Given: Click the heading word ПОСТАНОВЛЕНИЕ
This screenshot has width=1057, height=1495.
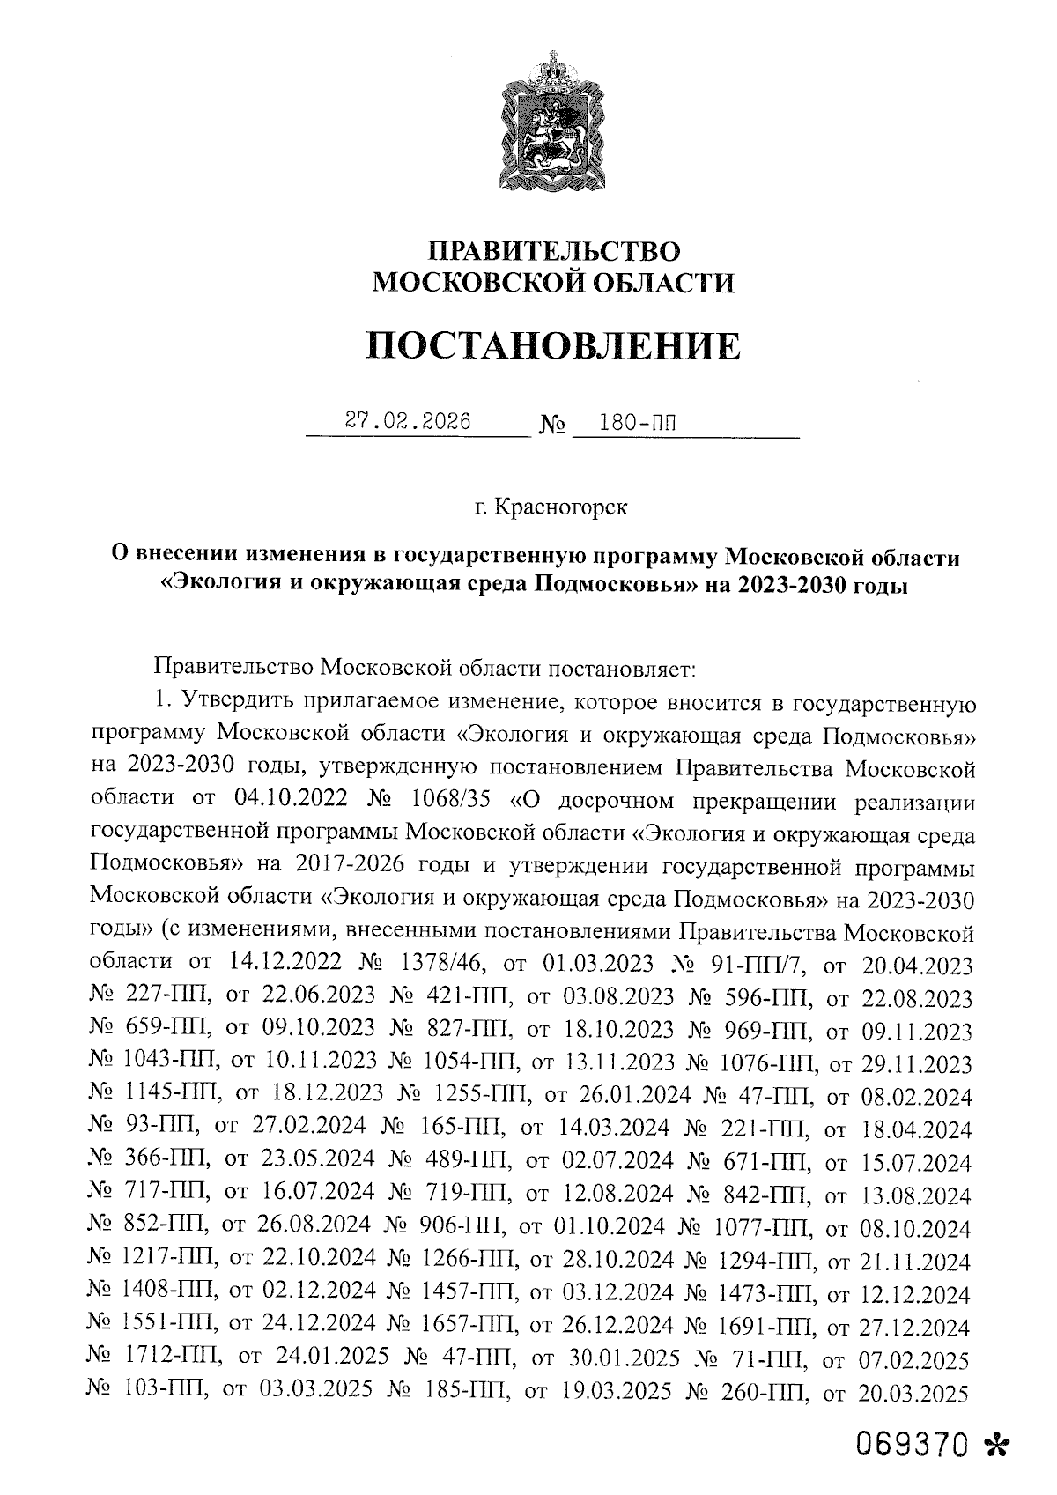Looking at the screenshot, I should (553, 345).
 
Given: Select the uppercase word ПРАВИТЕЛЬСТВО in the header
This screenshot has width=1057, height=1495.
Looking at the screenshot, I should (553, 251).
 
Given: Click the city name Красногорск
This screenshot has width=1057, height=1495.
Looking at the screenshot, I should (563, 507).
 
